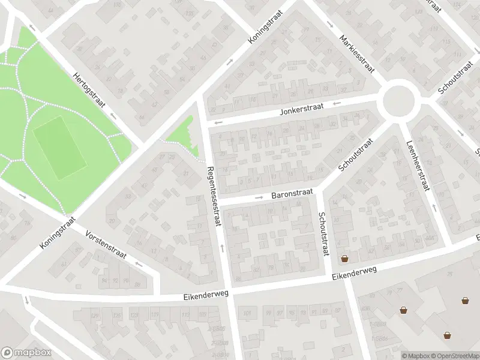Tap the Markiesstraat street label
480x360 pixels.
(356, 53)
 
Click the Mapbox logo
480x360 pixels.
(26, 353)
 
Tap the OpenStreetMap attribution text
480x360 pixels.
(455, 356)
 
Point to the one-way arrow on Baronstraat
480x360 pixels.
(259, 197)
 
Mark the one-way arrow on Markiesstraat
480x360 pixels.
(331, 25)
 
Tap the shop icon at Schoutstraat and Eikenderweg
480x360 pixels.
(344, 259)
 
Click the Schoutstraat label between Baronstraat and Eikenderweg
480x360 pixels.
(323, 233)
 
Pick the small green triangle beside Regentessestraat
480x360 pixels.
(181, 137)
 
